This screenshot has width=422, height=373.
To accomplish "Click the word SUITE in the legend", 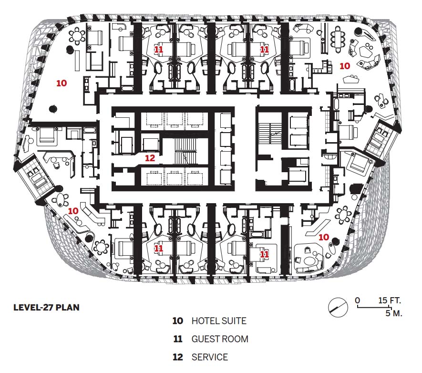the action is pyautogui.click(x=234, y=321).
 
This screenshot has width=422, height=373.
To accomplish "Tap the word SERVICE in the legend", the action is pyautogui.click(x=210, y=357).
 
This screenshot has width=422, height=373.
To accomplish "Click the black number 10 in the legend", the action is pyautogui.click(x=178, y=321).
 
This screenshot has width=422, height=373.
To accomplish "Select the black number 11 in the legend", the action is pyautogui.click(x=178, y=339).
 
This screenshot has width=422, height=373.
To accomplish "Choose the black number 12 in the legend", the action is pyautogui.click(x=178, y=357).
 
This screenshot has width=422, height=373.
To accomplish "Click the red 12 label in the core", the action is pyautogui.click(x=150, y=158).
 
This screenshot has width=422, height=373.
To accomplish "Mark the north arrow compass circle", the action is pyautogui.click(x=338, y=307).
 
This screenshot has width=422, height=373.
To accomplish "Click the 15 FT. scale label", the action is pyautogui.click(x=390, y=300).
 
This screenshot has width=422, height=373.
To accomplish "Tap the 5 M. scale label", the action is pyautogui.click(x=394, y=313).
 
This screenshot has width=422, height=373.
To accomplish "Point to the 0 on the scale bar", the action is pyautogui.click(x=357, y=300).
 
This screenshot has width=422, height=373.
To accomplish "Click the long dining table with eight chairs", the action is pyautogui.click(x=338, y=40).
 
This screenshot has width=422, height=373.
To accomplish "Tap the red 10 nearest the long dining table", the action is pyautogui.click(x=344, y=66).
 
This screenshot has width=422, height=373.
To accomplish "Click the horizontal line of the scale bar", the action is pyautogui.click(x=373, y=307).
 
